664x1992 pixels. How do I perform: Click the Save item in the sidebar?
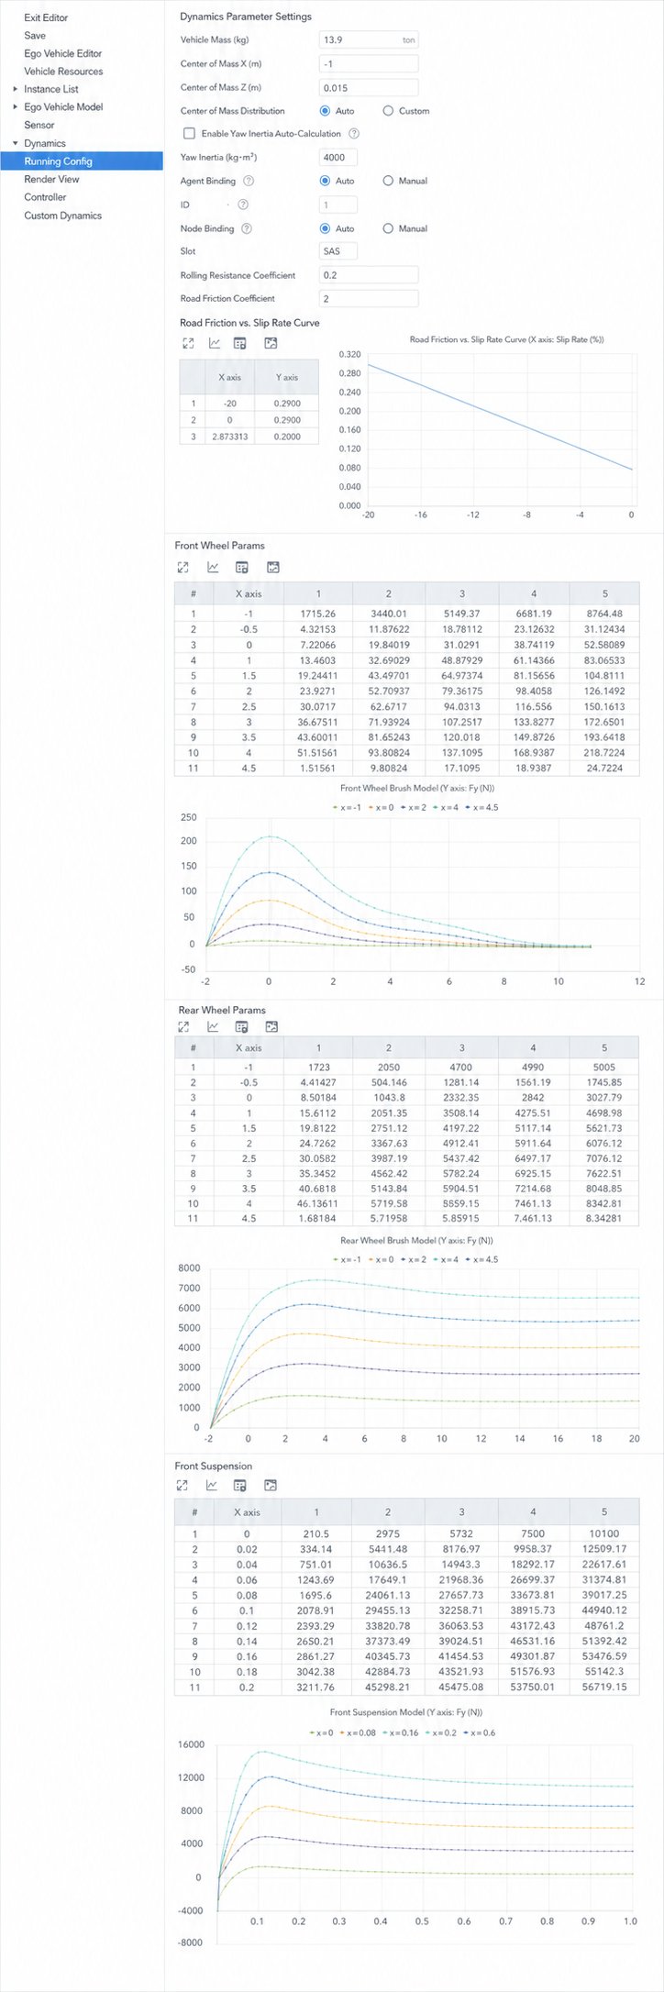[35, 35]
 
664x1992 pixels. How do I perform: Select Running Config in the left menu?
[58, 161]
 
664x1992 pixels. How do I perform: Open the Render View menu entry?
[51, 179]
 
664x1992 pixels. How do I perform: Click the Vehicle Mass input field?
[369, 39]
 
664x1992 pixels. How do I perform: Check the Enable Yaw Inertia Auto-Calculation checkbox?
[190, 134]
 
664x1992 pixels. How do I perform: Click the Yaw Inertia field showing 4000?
[338, 157]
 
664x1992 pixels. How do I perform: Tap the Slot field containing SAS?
[338, 250]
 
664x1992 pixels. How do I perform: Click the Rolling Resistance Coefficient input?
[369, 275]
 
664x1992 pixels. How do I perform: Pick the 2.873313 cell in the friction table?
[229, 437]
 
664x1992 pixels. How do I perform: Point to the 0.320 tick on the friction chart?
[349, 354]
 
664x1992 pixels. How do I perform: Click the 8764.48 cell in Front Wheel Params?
[604, 614]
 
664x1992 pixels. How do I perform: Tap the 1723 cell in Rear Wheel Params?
[319, 1067]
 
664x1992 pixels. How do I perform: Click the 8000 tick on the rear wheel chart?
[189, 1268]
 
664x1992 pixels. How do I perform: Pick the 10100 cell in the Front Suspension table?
[604, 1533]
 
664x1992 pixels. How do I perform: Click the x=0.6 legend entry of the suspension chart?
[481, 1732]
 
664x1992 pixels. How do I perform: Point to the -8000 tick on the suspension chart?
[191, 1942]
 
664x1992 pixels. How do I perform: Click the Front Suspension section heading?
[214, 1466]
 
